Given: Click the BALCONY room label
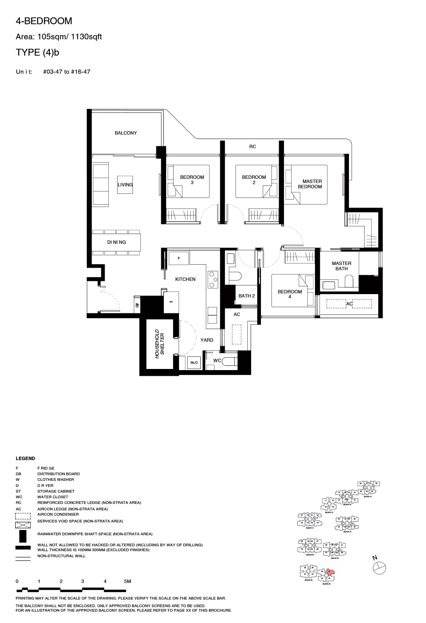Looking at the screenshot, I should click(x=126, y=133).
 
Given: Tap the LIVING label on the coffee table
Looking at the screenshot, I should click(x=125, y=185).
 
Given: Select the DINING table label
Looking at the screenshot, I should click(x=116, y=242).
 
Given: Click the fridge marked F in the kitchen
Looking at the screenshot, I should click(x=179, y=258).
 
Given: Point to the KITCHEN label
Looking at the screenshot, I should click(x=185, y=279).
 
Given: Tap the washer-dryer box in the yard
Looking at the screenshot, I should click(x=194, y=363).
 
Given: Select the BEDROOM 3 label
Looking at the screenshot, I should click(x=192, y=180).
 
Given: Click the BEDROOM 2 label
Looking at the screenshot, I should click(x=254, y=180).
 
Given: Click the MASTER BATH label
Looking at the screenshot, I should click(x=341, y=266).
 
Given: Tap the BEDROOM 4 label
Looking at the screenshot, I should click(x=290, y=294).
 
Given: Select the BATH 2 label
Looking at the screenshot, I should click(x=247, y=296).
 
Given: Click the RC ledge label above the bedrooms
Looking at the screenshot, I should click(x=252, y=147).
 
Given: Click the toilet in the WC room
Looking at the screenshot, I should click(x=229, y=362).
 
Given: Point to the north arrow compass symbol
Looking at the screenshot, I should click(x=380, y=568).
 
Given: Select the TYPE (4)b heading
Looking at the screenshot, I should click(x=37, y=53).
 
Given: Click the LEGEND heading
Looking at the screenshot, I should click(x=25, y=458).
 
